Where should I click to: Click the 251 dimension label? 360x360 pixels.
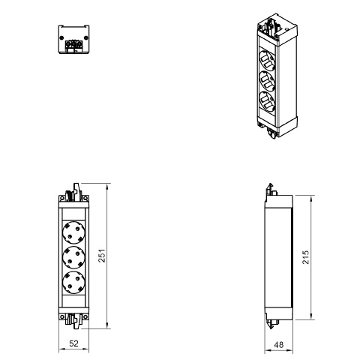[x=102, y=256]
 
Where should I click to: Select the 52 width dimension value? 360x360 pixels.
[x=73, y=343]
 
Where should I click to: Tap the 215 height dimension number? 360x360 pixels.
[x=306, y=257]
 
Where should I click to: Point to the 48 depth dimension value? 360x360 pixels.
[x=278, y=345]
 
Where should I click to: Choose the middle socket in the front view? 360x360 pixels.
[x=73, y=257]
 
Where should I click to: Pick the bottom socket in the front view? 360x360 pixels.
[x=73, y=282]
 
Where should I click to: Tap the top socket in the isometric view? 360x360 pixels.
[x=267, y=61]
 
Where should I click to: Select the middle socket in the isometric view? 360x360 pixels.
[x=267, y=81]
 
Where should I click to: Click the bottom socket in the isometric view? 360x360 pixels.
[x=267, y=101]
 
